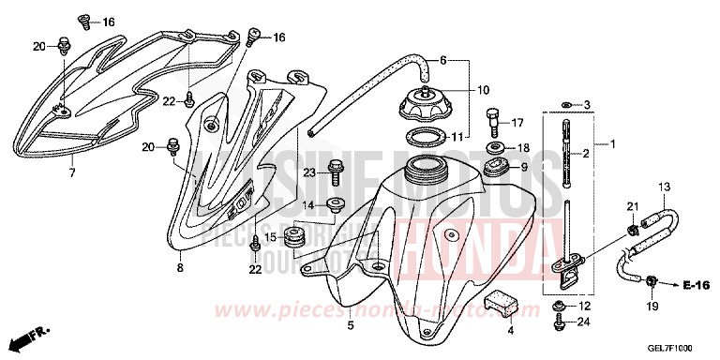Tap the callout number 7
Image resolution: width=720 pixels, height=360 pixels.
71,173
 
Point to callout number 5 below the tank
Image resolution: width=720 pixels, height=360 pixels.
351,326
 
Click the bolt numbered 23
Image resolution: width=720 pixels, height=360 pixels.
336,172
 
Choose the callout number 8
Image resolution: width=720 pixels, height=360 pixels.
180,268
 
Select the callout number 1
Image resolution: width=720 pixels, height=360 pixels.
613,144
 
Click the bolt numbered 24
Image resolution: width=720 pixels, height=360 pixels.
561,323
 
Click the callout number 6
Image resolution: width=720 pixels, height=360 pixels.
443,60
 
